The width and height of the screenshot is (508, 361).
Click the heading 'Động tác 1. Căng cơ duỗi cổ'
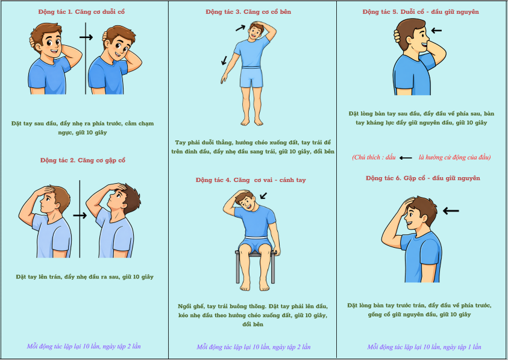click(x=81, y=12)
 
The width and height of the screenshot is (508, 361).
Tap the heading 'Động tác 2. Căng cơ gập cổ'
click(x=83, y=160)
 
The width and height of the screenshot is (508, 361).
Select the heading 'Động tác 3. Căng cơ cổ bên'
click(x=248, y=12)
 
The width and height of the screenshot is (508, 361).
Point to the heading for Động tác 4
click(x=251, y=180)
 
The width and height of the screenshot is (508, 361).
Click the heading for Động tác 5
click(x=421, y=12)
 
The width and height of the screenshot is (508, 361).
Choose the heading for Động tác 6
click(x=423, y=178)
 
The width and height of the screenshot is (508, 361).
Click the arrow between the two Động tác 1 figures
click(x=86, y=37)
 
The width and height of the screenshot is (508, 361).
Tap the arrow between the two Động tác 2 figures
click(x=80, y=216)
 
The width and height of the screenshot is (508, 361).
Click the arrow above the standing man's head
click(x=240, y=28)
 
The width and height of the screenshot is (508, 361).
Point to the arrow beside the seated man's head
click(x=263, y=196)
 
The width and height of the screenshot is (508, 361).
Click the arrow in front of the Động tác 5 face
click(x=436, y=31)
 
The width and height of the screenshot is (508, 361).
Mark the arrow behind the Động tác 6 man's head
click(x=451, y=211)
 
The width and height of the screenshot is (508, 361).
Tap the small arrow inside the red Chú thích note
click(x=406, y=158)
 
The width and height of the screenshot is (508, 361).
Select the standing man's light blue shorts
click(x=251, y=77)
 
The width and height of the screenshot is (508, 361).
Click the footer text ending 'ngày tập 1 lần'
click(x=424, y=347)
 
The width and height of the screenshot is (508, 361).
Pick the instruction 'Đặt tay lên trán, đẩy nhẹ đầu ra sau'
click(x=68, y=277)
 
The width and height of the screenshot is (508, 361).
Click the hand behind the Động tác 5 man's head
click(x=397, y=36)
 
